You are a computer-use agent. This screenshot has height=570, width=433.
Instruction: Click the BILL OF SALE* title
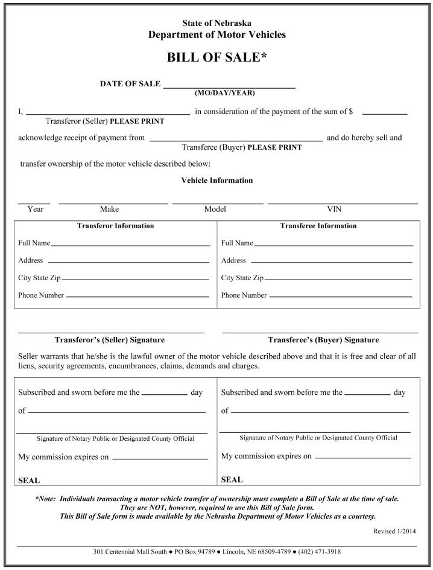tap(216, 57)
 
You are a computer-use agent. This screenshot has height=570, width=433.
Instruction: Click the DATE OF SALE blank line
tap(229, 87)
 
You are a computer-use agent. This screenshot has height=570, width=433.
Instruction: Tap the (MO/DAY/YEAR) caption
tap(225, 93)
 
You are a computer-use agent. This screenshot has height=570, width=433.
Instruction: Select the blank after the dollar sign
tap(385, 112)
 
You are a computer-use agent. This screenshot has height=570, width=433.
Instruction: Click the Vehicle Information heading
tap(217, 181)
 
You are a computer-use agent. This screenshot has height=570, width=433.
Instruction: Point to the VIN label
tap(334, 210)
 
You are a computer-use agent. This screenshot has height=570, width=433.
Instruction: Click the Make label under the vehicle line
tap(109, 210)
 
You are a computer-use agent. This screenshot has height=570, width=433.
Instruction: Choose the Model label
tap(215, 210)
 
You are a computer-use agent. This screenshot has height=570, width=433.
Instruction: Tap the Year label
tap(36, 210)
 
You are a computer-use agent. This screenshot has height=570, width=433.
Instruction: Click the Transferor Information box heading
tap(115, 226)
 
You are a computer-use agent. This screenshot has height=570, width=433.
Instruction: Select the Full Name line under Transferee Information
tap(333, 245)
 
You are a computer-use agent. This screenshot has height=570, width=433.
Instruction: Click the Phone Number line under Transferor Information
tap(137, 296)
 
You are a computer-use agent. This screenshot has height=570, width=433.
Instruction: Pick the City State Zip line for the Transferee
tap(338, 280)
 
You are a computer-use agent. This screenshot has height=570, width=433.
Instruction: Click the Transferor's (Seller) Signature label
tap(110, 340)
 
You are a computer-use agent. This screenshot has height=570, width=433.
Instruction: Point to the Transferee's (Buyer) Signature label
tap(323, 340)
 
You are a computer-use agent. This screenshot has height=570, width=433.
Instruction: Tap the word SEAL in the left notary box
tap(29, 481)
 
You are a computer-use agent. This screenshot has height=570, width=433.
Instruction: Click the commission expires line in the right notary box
tap(362, 457)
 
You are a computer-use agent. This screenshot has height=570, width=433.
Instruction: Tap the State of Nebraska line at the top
tap(216, 23)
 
